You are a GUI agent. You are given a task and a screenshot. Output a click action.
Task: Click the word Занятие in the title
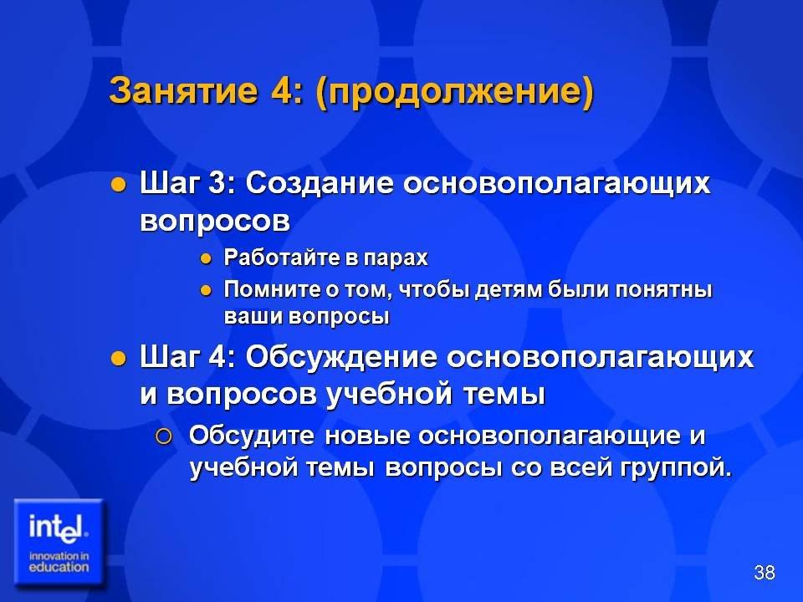pos(183,90)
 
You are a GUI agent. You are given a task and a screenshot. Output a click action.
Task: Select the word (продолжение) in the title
pos(455,93)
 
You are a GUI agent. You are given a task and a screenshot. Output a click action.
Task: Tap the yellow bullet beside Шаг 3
pos(118,184)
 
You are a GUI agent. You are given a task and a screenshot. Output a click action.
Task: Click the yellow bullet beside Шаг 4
pos(118,359)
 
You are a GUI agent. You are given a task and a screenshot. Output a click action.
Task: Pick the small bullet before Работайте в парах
pos(206,259)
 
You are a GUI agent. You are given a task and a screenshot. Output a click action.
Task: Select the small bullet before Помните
pos(206,291)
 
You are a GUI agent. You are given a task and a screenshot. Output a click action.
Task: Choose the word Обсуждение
pos(340,357)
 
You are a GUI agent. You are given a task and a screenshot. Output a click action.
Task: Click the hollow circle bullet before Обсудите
pos(163,437)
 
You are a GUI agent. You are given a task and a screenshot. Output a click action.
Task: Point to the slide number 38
pos(764,572)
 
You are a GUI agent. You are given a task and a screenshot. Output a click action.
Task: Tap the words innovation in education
pos(59,562)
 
